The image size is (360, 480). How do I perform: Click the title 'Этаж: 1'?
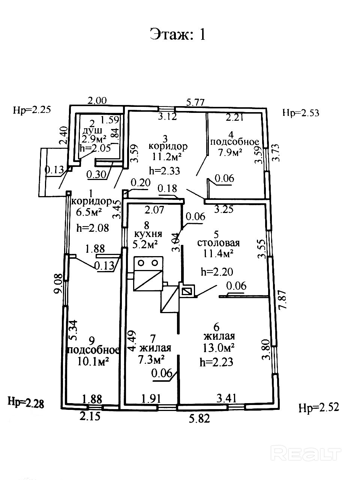coord(178,34)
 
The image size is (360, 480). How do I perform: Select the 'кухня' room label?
coord(148,234)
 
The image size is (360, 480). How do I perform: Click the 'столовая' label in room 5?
coord(218,243)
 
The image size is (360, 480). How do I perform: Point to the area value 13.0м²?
coord(219,348)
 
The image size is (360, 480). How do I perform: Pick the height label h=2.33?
coord(165,171)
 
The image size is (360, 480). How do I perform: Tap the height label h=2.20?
coord(217,271)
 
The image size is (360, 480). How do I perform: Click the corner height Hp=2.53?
coord(301,112)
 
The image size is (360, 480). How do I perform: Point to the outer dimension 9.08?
coord(58,285)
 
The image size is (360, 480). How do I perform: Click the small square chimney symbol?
coord(187,291)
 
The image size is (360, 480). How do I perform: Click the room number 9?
coord(91,340)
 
